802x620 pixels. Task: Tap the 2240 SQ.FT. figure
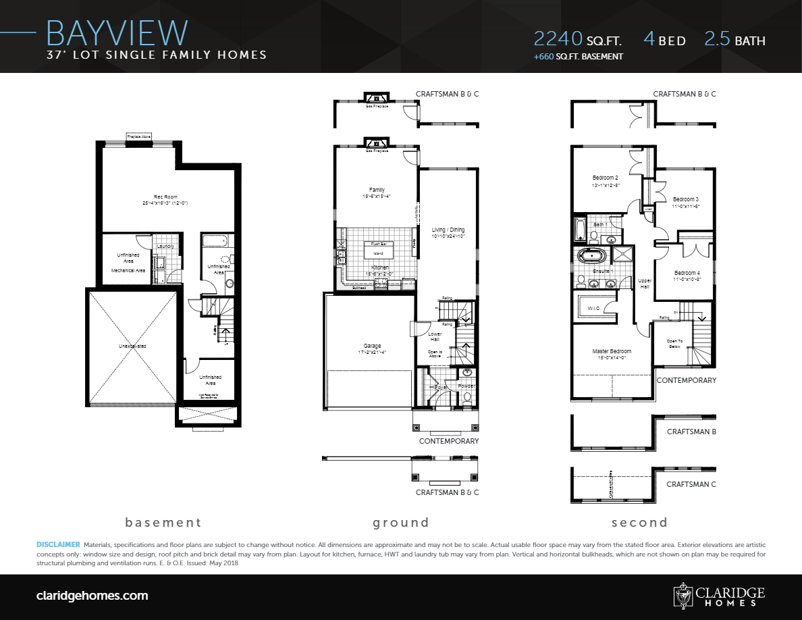coord(577,39)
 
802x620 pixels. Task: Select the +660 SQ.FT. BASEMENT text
coord(578,57)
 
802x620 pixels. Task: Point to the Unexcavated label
coord(132,346)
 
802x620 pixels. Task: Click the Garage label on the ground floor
coord(372,345)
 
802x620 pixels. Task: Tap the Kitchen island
coord(378,253)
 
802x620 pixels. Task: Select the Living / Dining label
coord(448,230)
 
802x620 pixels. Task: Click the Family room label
coord(376,190)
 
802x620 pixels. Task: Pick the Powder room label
coord(466,386)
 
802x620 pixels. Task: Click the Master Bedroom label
coord(612,351)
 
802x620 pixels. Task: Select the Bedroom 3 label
coord(685,199)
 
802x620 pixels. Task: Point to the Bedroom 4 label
coord(687,272)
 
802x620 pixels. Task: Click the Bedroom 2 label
coord(606,178)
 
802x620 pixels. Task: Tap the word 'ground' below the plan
coord(401,522)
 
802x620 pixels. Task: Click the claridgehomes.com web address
coord(92,596)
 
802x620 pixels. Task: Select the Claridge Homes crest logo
coord(683,595)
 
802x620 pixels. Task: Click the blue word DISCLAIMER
coord(57,544)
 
